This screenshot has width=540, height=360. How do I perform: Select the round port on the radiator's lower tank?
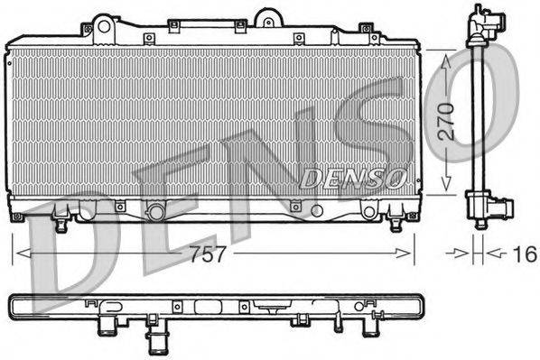point(155,212)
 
